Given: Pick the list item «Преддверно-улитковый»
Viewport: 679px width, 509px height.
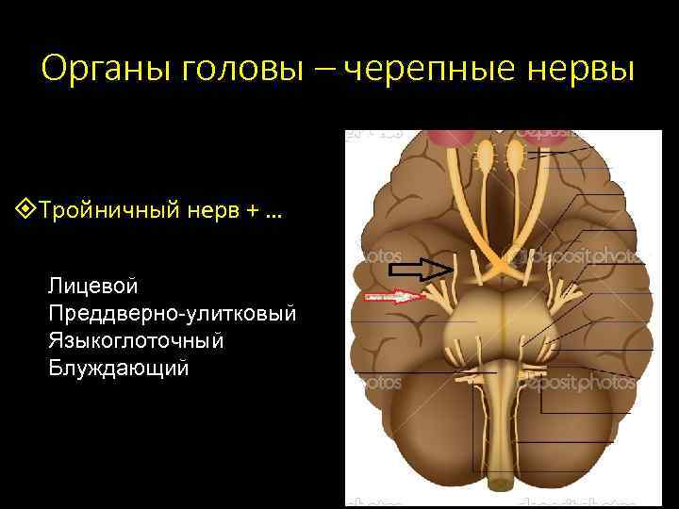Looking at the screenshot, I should click(173, 312).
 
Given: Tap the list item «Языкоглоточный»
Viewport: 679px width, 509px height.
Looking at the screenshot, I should click(137, 339).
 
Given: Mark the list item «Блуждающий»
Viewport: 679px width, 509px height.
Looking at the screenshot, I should click(118, 368).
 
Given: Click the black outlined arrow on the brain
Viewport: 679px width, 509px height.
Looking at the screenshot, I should click(422, 271).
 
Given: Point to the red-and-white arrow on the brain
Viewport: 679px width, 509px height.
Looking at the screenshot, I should click(394, 297).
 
